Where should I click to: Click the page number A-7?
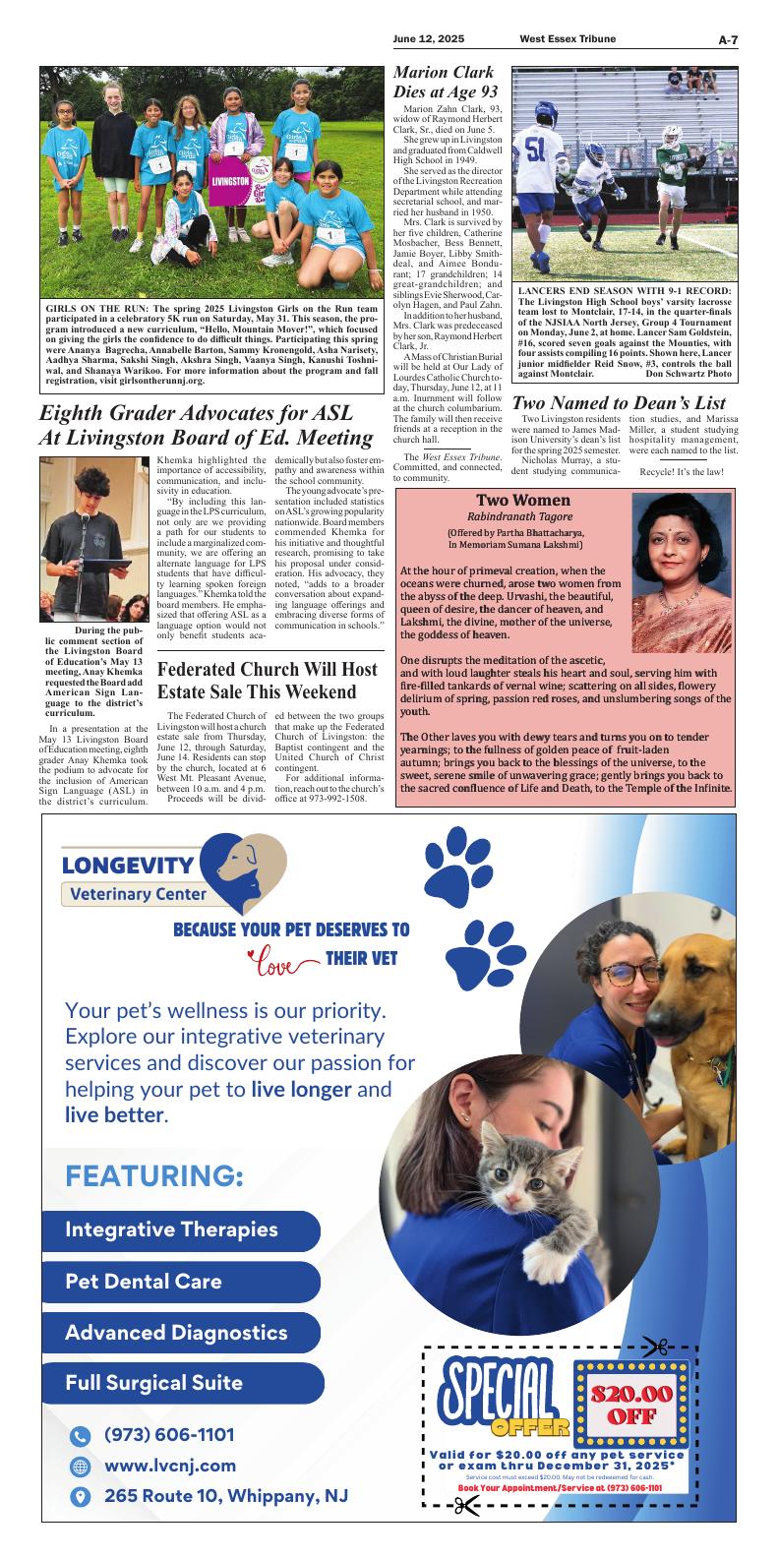tap(727, 39)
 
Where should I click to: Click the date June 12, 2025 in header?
tap(429, 39)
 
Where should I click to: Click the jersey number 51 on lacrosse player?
tap(535, 150)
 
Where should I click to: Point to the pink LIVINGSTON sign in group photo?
tap(229, 182)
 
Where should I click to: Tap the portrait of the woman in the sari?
tap(682, 557)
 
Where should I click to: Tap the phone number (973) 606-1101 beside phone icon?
tap(169, 1435)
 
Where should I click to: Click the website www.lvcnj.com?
tap(169, 1466)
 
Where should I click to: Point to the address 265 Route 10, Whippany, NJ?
tap(225, 1496)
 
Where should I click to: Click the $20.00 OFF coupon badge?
tap(631, 1404)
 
